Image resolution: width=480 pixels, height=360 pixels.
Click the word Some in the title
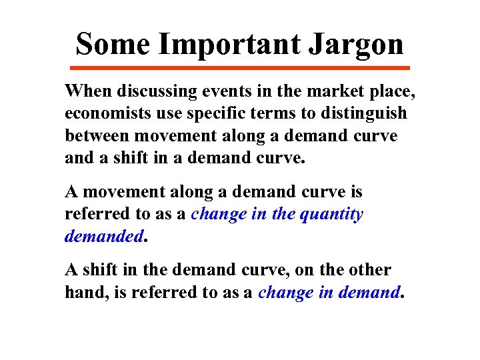pyautogui.click(x=112, y=45)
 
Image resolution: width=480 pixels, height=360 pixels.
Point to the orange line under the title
pyautogui.click(x=240, y=68)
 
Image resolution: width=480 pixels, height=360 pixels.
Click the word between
pyautogui.click(x=97, y=136)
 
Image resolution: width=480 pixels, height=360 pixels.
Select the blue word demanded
pyautogui.click(x=104, y=237)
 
